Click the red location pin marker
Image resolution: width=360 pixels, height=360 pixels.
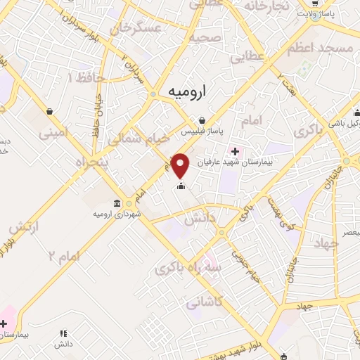(x=181, y=165)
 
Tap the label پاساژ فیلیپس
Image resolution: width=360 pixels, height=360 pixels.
(x=202, y=131)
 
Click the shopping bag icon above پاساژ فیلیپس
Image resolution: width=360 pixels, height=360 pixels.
(x=202, y=120)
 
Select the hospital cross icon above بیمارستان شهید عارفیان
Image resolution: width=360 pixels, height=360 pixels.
(x=234, y=151)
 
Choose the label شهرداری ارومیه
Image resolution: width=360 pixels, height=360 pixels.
(x=118, y=213)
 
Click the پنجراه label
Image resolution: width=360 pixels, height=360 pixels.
(x=91, y=162)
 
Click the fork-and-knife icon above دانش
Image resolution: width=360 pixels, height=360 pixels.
(x=63, y=333)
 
